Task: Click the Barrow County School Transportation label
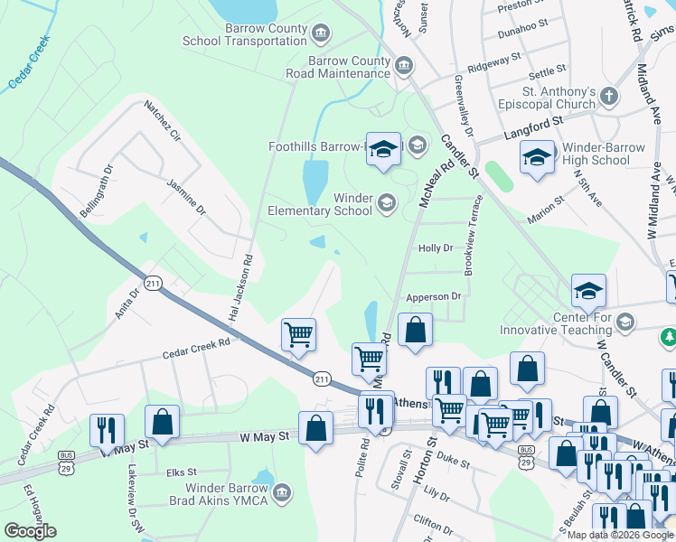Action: point(245,34)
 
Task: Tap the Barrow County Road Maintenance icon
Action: point(404,65)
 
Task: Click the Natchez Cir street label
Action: point(163,124)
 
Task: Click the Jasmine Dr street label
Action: point(187,196)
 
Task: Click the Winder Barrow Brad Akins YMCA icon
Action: point(282,492)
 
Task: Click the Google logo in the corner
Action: point(30,531)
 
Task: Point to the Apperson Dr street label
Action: point(434,295)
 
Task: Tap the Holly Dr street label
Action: point(436,248)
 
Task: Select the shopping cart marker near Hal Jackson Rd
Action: point(298,335)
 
